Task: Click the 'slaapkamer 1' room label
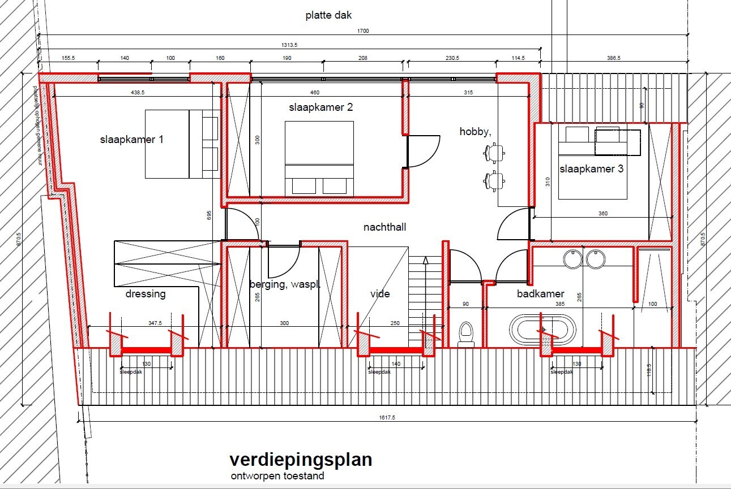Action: click(x=132, y=139)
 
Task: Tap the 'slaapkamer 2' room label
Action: click(x=320, y=107)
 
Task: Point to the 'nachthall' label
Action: click(x=384, y=227)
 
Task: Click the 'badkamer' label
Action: click(x=540, y=294)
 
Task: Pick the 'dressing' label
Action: click(x=146, y=294)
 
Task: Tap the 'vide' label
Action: click(x=380, y=294)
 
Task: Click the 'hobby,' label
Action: click(x=475, y=132)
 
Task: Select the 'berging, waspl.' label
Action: click(x=285, y=285)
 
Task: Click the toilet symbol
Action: click(x=466, y=334)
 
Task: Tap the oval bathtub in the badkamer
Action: click(x=542, y=330)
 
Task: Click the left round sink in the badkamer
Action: click(x=572, y=259)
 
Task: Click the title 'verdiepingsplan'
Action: click(x=300, y=460)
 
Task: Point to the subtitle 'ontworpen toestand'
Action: click(x=277, y=476)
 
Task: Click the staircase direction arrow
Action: click(x=425, y=263)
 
